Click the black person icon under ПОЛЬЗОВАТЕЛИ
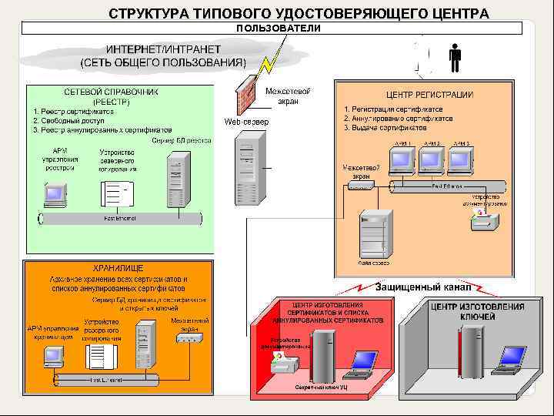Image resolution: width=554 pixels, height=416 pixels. click(455, 57)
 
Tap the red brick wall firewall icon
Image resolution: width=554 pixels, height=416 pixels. click(246, 96)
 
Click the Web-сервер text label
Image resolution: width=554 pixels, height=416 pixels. click(246, 122)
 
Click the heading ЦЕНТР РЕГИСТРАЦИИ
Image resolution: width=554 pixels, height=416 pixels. click(429, 95)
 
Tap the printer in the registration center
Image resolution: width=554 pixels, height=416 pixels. click(484, 223)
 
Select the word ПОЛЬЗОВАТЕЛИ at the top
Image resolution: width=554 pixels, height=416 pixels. click(279, 29)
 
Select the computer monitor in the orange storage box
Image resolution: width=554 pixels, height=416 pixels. click(53, 356)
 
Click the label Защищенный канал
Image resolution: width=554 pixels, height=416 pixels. click(423, 287)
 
